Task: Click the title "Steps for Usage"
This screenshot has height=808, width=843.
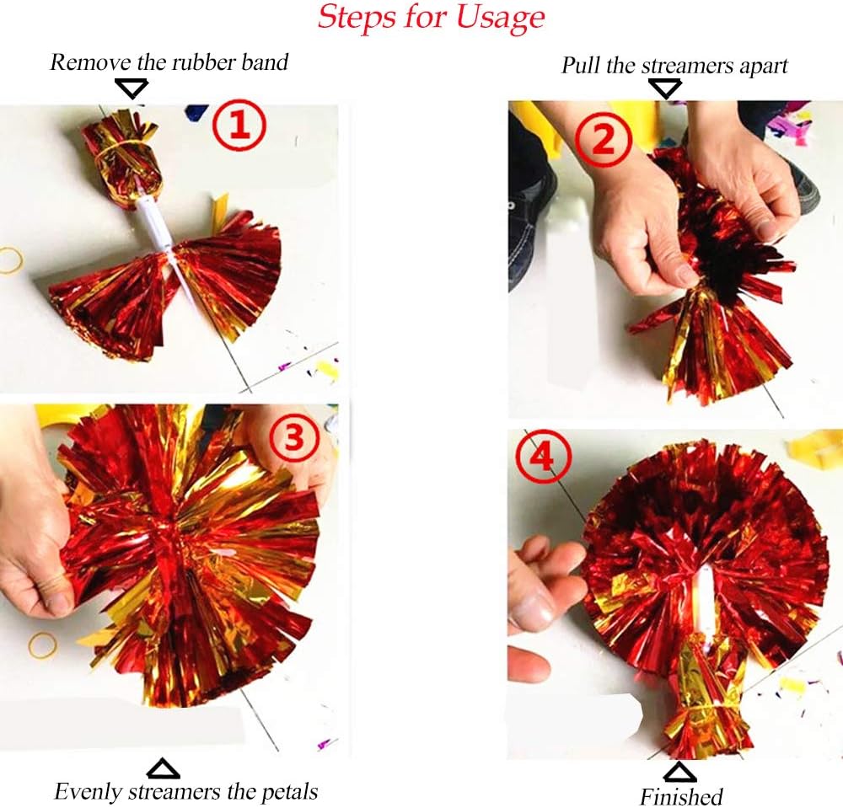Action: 431,17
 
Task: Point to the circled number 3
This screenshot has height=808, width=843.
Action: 293,439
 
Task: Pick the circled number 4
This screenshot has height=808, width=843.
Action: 541,459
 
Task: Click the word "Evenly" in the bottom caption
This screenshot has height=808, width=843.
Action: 89,791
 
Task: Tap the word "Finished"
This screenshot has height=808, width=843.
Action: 681,795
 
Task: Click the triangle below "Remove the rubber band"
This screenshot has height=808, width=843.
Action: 132,88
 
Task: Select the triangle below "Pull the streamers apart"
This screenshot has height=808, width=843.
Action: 665,88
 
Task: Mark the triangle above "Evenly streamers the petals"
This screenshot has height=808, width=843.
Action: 164,769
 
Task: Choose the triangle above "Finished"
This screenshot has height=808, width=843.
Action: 680,773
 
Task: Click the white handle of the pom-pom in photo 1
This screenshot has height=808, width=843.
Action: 154,223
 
